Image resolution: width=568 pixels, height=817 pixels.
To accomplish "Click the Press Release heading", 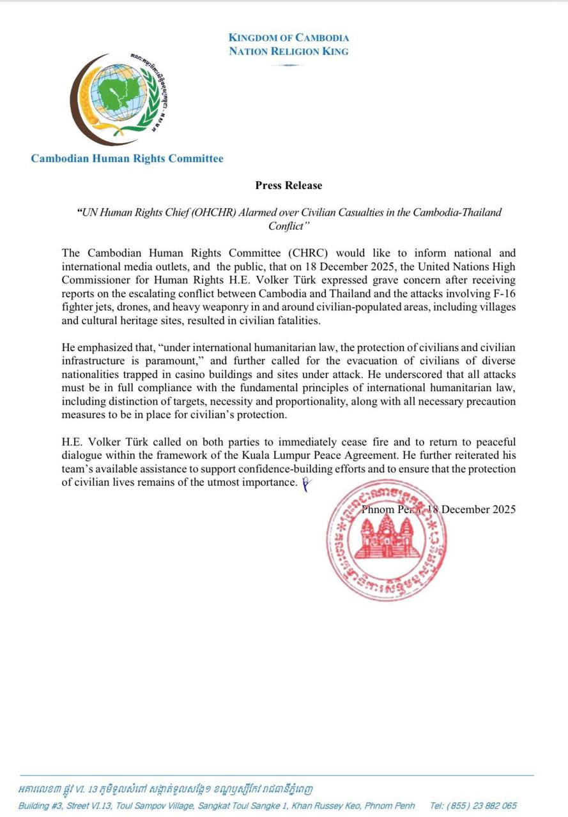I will click(289, 186).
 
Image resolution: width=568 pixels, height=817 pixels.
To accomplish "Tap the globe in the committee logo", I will click(119, 93).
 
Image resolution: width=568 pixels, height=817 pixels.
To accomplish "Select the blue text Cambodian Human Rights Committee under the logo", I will click(127, 158).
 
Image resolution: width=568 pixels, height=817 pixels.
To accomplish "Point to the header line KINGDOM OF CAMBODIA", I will click(289, 38).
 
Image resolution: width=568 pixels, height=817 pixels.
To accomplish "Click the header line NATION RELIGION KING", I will click(289, 51).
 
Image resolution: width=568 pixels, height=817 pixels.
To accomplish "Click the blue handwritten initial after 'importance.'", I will click(306, 484).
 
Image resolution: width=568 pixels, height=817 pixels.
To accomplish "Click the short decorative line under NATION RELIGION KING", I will click(289, 64).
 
